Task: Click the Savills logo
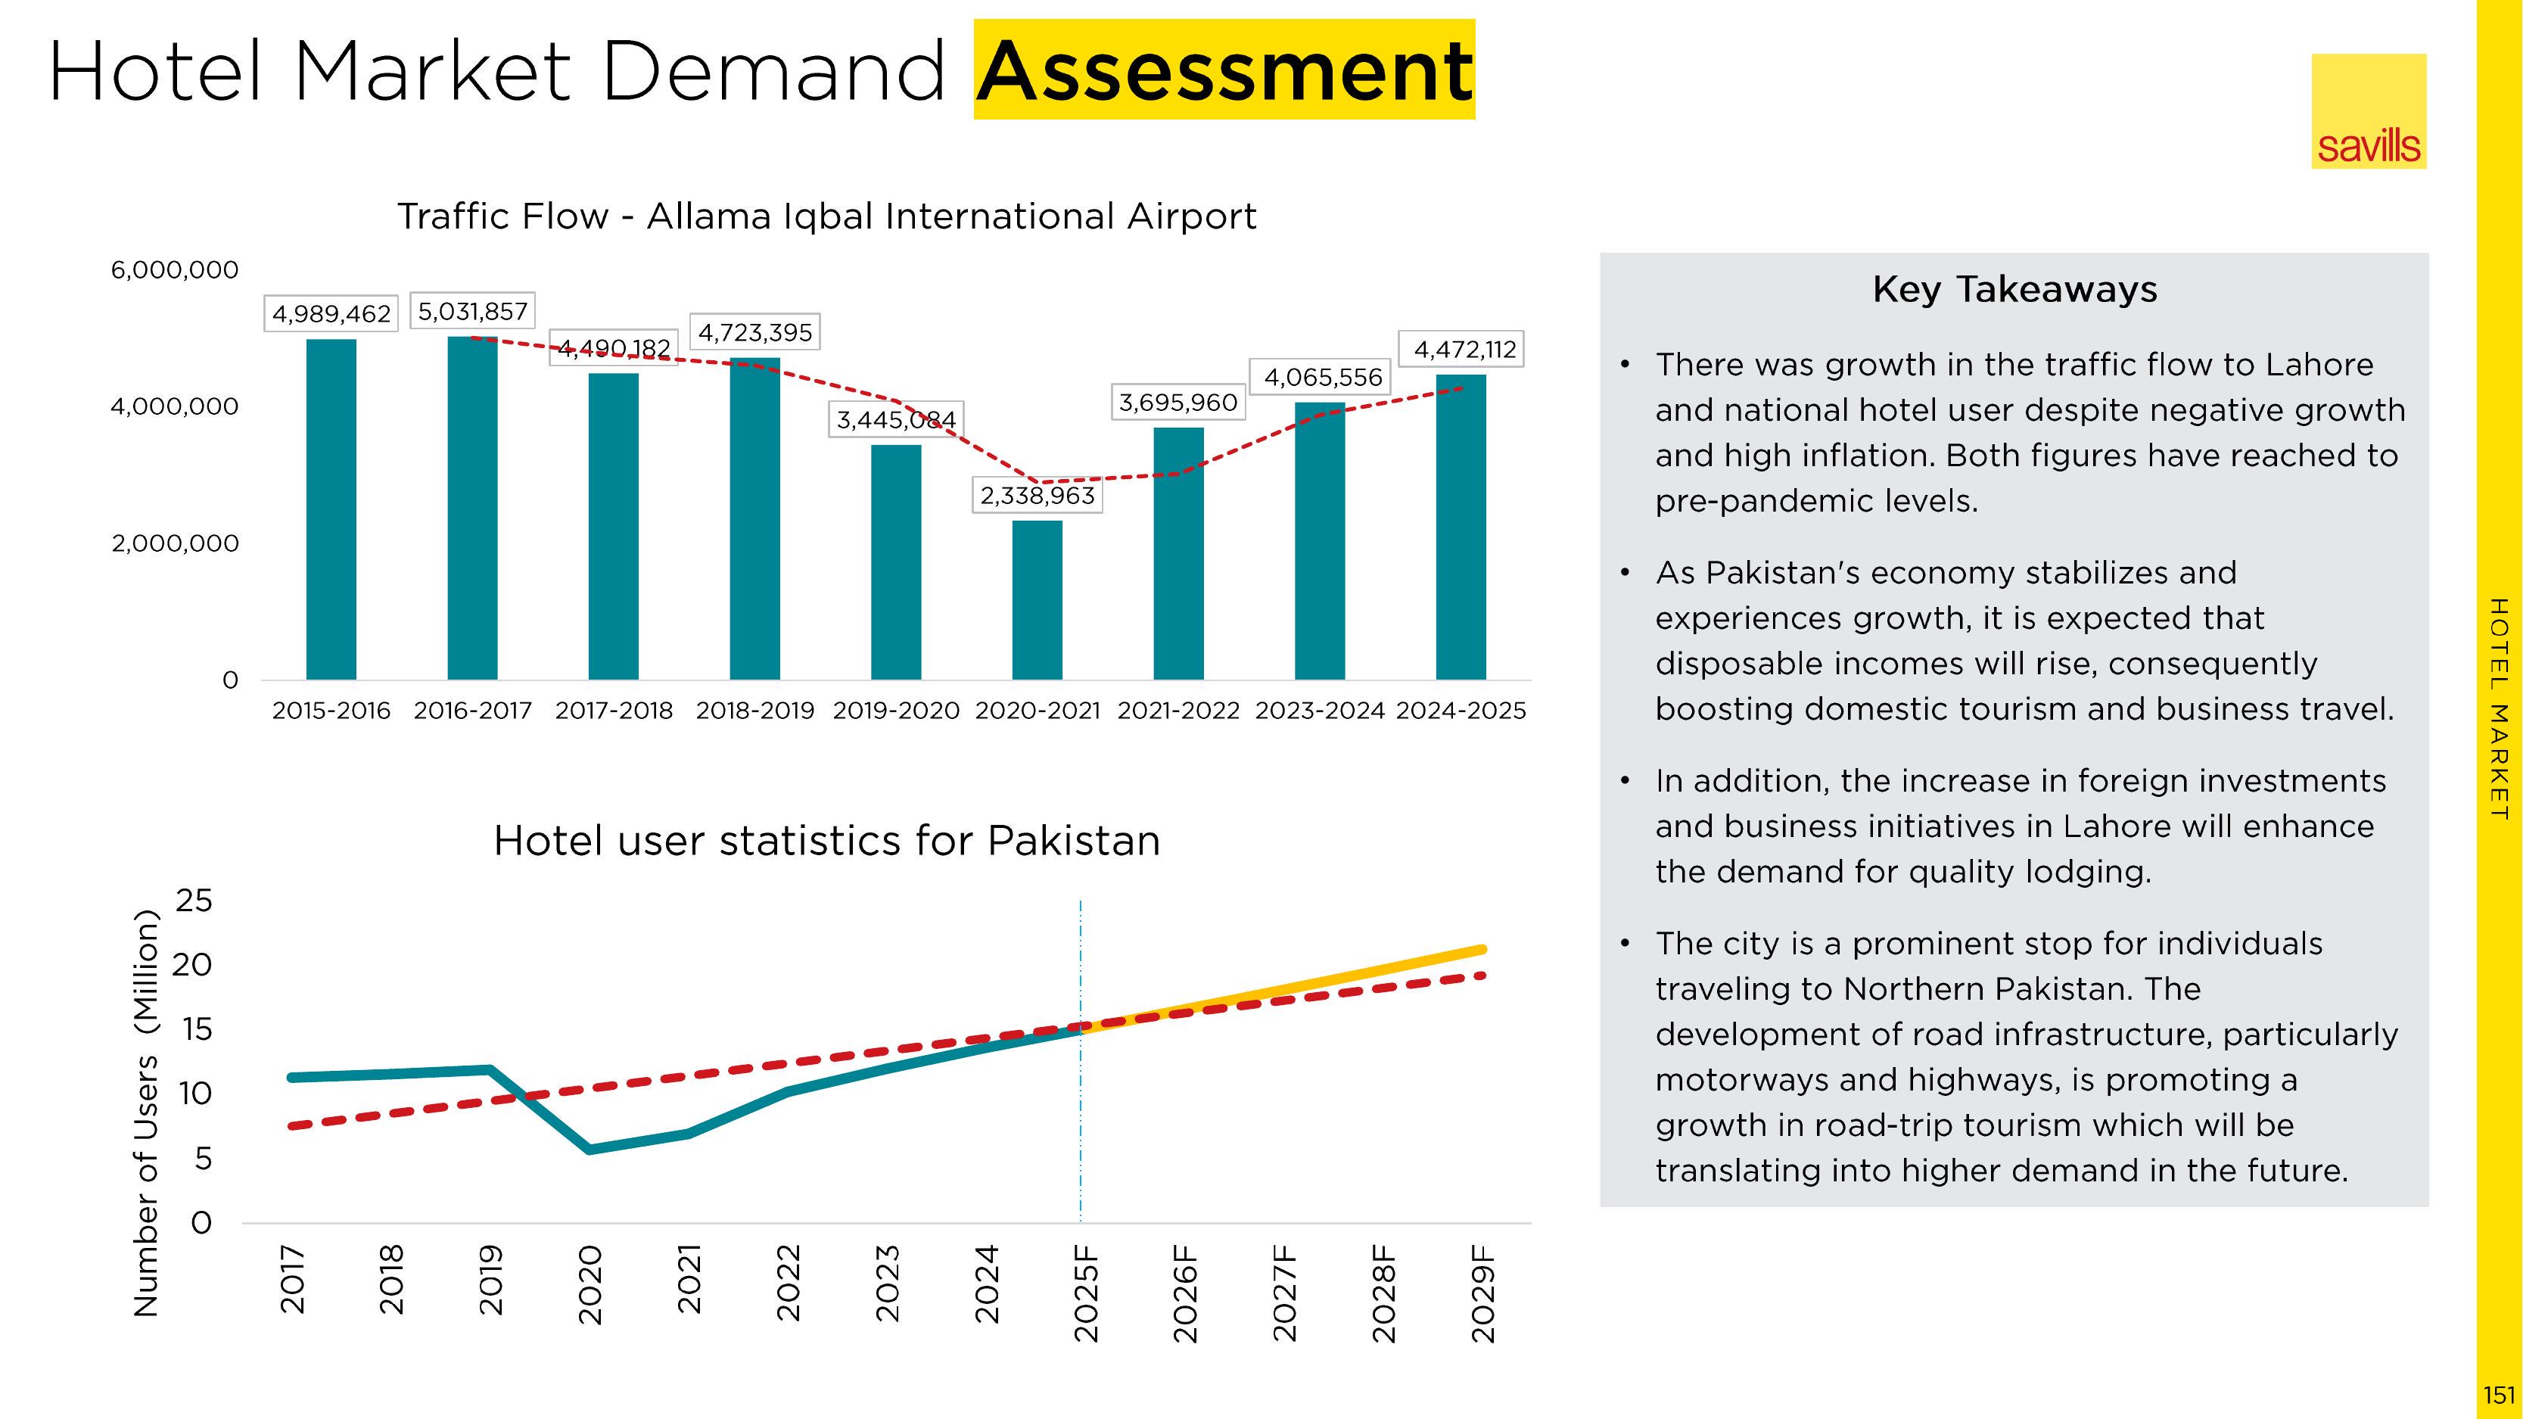point(2369,112)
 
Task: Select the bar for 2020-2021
point(1038,599)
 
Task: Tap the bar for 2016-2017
point(472,507)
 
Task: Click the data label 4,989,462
point(331,313)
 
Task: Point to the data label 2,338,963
point(1038,496)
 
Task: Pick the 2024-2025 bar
point(1461,527)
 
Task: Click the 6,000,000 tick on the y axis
point(174,270)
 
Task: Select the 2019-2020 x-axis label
point(895,711)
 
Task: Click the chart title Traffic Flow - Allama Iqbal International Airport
point(826,216)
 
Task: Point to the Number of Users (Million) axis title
point(145,1112)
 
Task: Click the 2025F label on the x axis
point(1085,1293)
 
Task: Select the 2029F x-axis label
point(1483,1293)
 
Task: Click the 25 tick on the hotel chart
point(193,901)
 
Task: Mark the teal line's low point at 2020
point(590,1149)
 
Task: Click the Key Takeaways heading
point(2014,290)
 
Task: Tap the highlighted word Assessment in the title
point(1224,70)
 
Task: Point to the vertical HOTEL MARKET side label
point(2499,709)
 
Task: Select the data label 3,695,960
point(1178,403)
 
